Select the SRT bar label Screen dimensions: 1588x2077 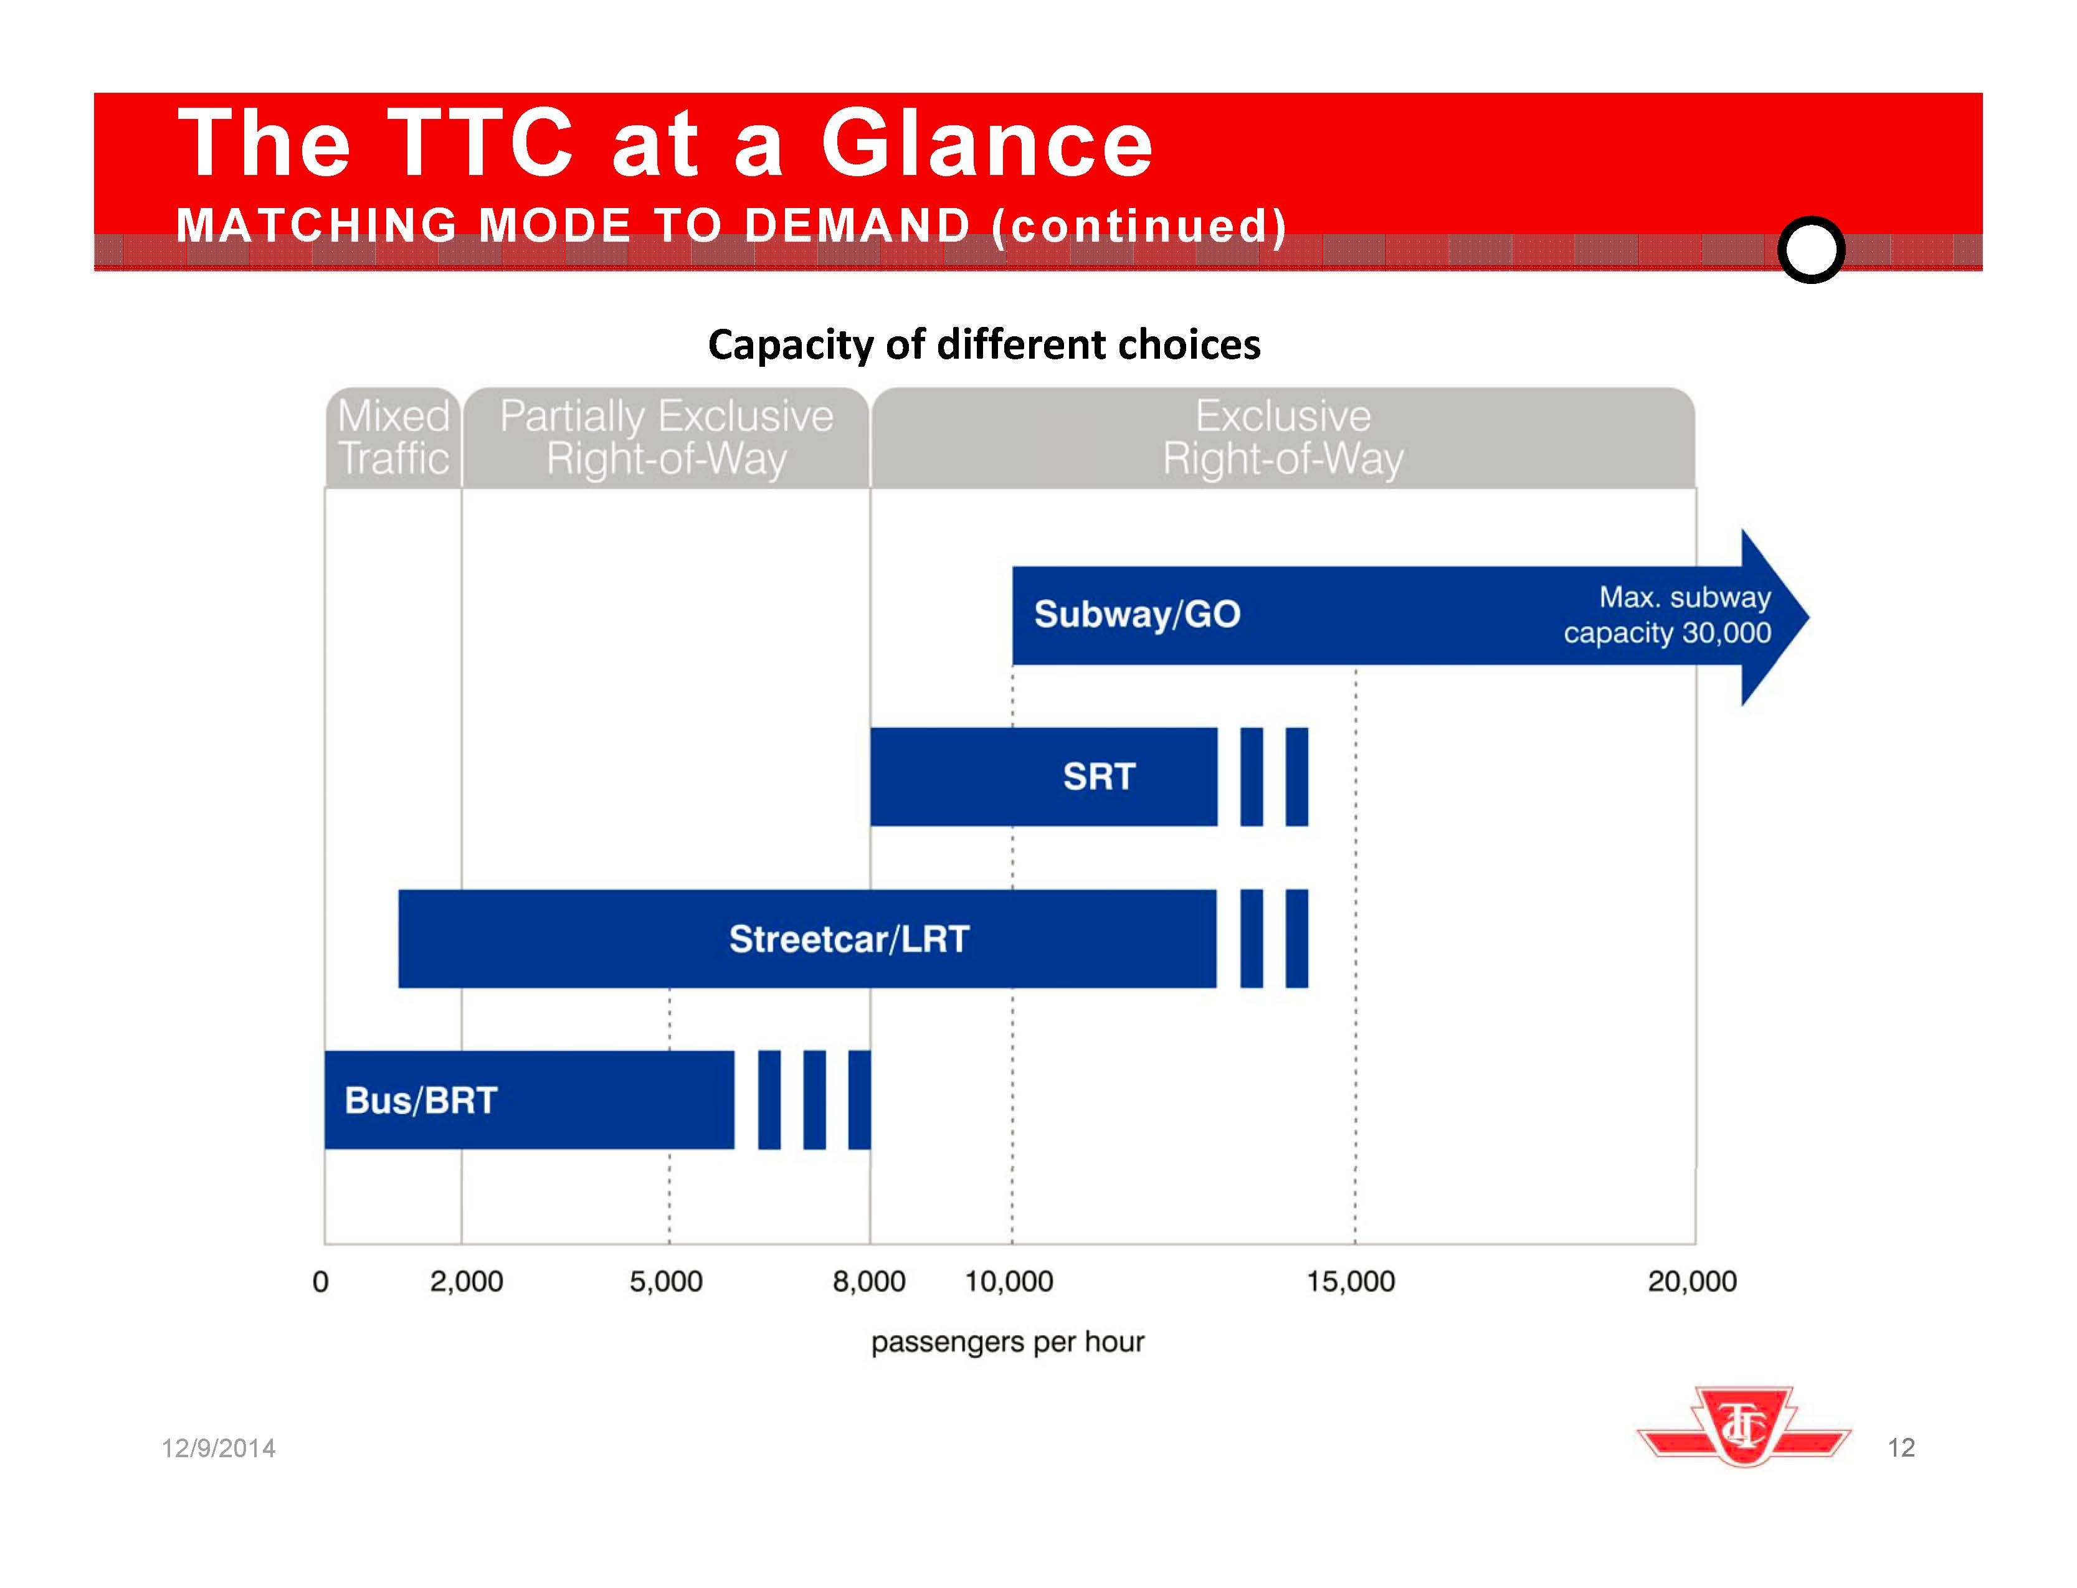[1098, 777]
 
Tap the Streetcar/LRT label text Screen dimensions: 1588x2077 [849, 938]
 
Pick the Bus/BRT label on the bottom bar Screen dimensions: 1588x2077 [421, 1100]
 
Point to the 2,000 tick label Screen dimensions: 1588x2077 [466, 1281]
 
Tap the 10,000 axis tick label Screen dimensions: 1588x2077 [1009, 1281]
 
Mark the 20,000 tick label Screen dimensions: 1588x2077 [1692, 1281]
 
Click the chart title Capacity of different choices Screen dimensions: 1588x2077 [983, 345]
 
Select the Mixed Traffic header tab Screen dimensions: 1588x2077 [393, 438]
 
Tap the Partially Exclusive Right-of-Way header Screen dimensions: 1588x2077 [667, 438]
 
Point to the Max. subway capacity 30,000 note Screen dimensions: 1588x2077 [1668, 615]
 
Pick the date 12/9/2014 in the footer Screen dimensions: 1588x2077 [219, 1448]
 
